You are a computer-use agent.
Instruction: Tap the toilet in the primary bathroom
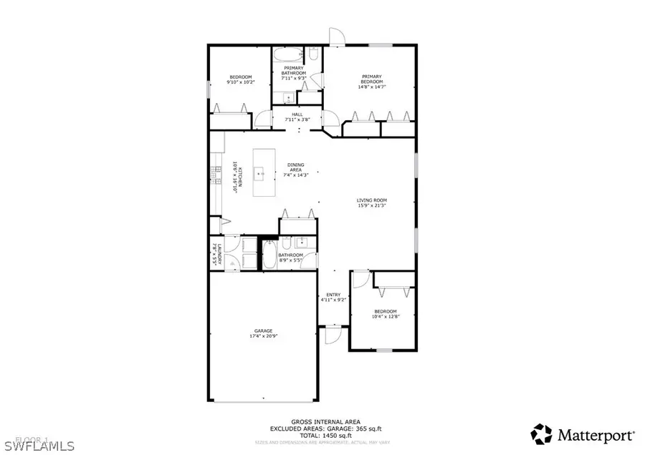[314, 54]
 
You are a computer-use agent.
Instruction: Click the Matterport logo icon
[542, 434]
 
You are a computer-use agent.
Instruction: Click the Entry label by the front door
[334, 297]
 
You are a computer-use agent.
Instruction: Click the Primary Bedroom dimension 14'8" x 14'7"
[371, 87]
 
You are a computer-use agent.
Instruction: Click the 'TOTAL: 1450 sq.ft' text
[326, 435]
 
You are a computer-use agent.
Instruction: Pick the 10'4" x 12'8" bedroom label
[385, 314]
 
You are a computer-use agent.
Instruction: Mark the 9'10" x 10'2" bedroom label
[240, 79]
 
